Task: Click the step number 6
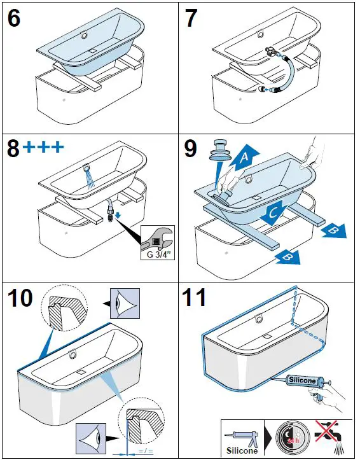click(x=13, y=18)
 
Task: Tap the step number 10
click(x=20, y=296)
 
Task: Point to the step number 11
click(x=196, y=296)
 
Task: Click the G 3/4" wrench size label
click(x=157, y=251)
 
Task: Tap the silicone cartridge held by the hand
click(x=303, y=380)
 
